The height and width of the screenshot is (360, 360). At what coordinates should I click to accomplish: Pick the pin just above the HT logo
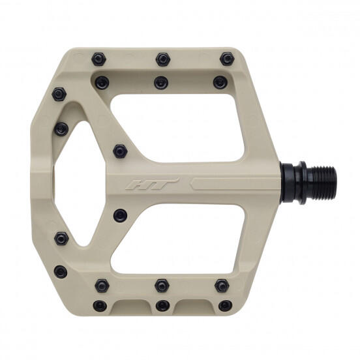pos(119,151)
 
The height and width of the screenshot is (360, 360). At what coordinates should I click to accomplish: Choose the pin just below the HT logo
pos(119,215)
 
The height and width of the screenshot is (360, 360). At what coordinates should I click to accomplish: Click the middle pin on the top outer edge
pos(162,60)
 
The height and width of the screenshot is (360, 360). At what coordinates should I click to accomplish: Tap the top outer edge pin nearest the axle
pos(226,59)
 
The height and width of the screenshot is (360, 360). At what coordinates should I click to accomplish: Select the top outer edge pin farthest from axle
pos(98,59)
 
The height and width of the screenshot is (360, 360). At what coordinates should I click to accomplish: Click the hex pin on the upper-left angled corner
pos(58,95)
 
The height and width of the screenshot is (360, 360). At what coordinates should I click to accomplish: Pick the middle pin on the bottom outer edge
pos(162,305)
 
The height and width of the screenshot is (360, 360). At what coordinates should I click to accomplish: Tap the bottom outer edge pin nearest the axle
pos(225,305)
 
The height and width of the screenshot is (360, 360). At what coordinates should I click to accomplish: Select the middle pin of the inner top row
pos(160,82)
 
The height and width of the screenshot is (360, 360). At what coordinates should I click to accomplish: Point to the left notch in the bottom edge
pos(131,306)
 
